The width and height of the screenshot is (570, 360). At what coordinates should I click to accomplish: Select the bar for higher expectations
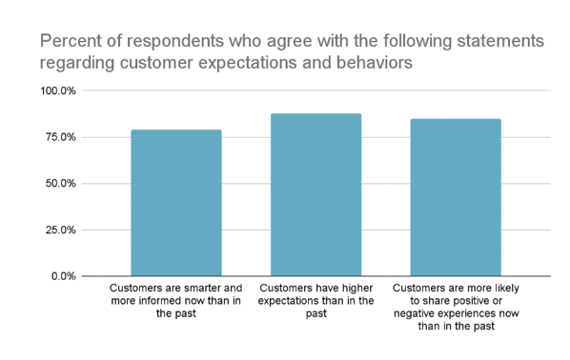316,195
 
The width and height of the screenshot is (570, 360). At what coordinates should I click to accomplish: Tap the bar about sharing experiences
456,197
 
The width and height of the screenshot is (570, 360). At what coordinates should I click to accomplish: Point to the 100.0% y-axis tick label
57,91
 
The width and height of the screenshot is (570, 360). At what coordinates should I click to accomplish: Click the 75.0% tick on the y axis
60,137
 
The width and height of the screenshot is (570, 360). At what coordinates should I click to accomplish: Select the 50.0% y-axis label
60,184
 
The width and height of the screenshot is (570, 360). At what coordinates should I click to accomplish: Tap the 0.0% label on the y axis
63,276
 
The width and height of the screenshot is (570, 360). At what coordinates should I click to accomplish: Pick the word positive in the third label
465,301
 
